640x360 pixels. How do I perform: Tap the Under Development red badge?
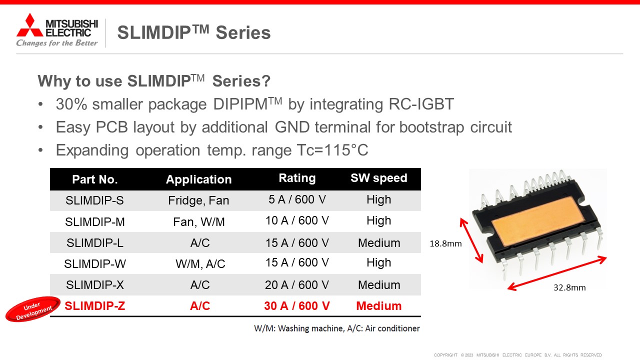(33, 309)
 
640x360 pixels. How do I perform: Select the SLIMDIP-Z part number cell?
(95, 306)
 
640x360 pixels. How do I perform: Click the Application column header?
(198, 179)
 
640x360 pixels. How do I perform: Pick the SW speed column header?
(379, 178)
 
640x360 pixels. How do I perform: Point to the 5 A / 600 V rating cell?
(297, 199)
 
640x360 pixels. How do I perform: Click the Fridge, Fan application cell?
(198, 200)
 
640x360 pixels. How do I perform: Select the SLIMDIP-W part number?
(95, 263)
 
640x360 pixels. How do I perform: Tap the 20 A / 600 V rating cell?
(297, 285)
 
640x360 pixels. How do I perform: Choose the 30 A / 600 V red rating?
(297, 306)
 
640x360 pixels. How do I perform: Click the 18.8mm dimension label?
(445, 243)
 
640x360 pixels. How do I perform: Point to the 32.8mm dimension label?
(569, 287)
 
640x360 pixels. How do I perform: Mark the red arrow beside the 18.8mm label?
(471, 240)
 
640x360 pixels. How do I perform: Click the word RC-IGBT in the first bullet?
(421, 104)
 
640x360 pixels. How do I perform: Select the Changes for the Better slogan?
(57, 43)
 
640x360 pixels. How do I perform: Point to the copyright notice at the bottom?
(517, 355)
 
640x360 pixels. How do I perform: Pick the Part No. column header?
(95, 179)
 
